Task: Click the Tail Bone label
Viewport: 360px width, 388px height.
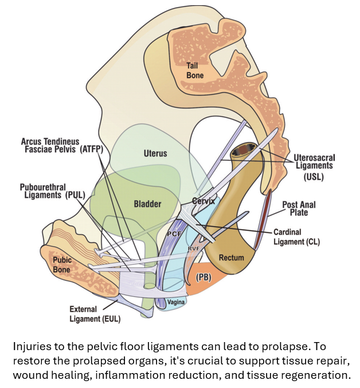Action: (195, 71)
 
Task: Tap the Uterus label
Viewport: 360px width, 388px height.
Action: (155, 153)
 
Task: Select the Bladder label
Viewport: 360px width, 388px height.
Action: (147, 204)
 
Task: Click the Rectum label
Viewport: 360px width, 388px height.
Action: (232, 258)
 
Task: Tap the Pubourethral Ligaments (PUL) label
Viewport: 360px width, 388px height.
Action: (52, 191)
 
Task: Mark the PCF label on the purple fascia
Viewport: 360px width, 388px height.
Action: (174, 234)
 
